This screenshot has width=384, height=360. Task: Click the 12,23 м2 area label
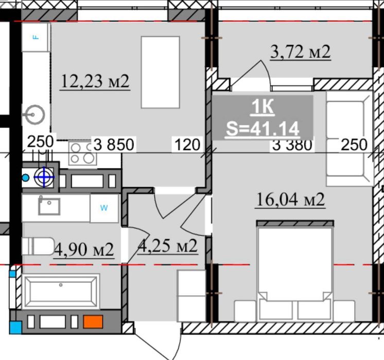[x=95, y=81]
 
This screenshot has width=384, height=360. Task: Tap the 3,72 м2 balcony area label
[x=301, y=51]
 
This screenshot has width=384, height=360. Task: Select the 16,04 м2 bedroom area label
[x=290, y=200]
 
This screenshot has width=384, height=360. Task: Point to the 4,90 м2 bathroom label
[x=84, y=250]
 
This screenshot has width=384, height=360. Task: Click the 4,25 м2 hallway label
[x=168, y=246]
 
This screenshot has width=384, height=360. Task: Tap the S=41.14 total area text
[x=263, y=129]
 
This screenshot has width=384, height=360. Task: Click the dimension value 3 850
[x=114, y=145]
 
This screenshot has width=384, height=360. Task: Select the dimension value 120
[x=187, y=145]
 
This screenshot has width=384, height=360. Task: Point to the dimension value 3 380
[x=292, y=146]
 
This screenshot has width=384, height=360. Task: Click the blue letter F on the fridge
[x=36, y=37]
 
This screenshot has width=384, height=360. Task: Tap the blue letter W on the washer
[x=104, y=208]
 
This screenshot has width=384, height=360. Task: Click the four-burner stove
[x=82, y=153]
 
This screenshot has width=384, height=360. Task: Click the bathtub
[x=61, y=292]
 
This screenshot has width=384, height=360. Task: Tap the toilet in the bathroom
[x=38, y=246]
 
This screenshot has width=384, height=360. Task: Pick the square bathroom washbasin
[x=49, y=206]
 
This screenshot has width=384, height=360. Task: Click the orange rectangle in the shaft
[x=93, y=321]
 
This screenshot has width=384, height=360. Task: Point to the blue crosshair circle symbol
[x=44, y=177]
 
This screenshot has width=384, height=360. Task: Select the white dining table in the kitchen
[x=161, y=72]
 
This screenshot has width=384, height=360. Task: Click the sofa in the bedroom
[x=350, y=139]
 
